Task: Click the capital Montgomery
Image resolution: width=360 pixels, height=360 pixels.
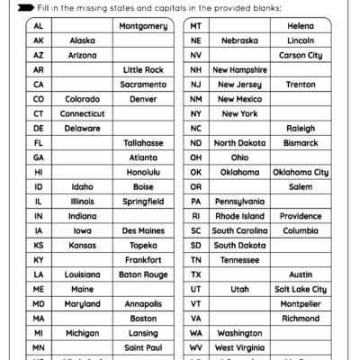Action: click(143, 27)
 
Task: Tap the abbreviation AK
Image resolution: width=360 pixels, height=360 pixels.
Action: click(38, 41)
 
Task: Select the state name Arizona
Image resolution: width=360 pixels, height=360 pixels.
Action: click(82, 56)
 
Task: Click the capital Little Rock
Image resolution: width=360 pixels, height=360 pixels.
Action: click(143, 70)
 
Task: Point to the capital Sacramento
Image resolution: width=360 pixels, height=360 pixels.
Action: click(143, 85)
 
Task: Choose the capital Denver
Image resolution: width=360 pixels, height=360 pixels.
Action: click(143, 99)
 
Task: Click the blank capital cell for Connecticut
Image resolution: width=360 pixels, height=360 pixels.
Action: click(143, 114)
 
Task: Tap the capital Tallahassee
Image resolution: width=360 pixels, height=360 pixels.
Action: click(143, 143)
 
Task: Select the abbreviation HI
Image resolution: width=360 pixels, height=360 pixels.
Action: click(38, 172)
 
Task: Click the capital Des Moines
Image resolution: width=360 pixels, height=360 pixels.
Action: click(143, 230)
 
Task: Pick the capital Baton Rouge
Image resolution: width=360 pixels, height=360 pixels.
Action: click(143, 274)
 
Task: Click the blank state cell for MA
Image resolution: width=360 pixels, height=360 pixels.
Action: click(82, 318)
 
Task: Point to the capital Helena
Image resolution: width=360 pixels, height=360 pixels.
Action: click(301, 27)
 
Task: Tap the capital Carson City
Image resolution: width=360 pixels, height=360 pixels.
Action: click(301, 56)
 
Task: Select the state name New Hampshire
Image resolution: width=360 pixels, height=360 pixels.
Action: click(239, 70)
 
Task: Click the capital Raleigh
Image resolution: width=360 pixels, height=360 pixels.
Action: click(301, 129)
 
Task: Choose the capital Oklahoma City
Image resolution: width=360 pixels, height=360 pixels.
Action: click(301, 172)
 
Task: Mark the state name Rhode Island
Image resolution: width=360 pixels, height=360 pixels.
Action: click(239, 216)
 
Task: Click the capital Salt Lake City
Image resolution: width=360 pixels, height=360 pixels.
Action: click(301, 289)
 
